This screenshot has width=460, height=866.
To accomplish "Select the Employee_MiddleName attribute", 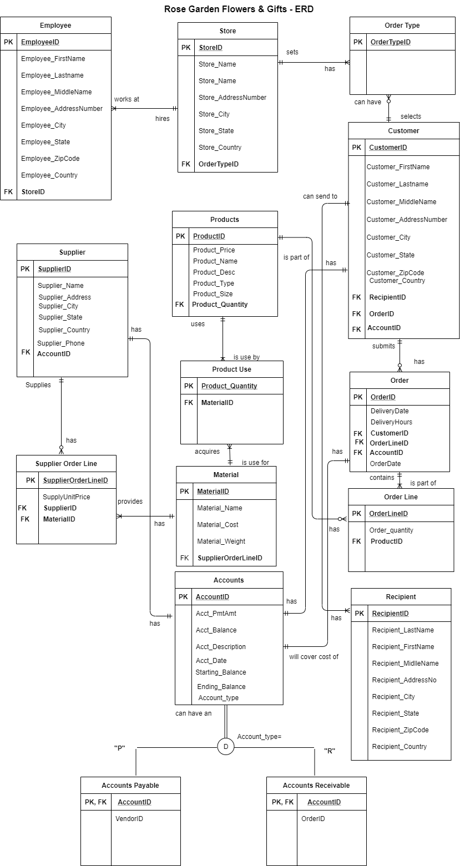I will point(57,92).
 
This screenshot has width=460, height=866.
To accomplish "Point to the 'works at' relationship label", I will point(127,99).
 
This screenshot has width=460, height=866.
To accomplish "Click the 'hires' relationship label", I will point(163,118).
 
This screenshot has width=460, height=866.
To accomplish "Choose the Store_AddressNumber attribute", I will point(232,98).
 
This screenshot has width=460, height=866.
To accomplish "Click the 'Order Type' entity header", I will point(402,26).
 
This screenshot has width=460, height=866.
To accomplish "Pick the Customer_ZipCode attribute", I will point(395,272).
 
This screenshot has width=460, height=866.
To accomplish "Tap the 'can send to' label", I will point(320,196).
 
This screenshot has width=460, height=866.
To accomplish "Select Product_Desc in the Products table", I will point(214,272).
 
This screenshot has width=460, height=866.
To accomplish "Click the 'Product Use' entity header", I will point(231,369).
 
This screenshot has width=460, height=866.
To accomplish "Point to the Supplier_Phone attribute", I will point(61,343).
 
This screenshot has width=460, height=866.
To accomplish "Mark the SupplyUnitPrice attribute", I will point(66,497).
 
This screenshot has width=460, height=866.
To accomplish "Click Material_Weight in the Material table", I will point(221,541).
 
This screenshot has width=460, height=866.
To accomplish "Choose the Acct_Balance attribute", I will point(216,630).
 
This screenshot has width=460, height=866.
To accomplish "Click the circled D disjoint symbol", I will point(225,747).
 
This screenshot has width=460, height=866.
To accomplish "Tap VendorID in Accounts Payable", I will point(129,819).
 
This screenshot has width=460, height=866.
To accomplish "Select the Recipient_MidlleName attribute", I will point(405,664).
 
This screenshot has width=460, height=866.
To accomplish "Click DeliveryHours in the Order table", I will point(391,422).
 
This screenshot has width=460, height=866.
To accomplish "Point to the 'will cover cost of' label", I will point(314,657).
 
